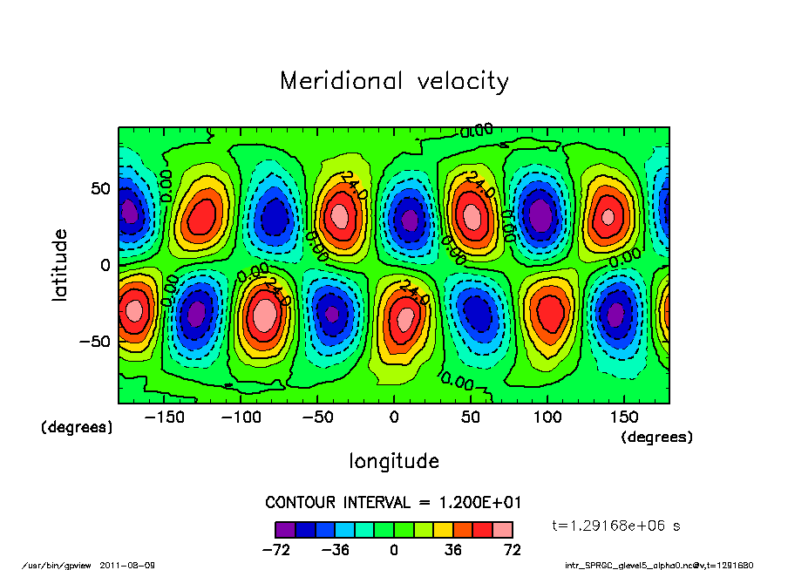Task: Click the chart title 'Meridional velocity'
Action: click(394, 82)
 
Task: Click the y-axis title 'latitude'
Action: click(59, 265)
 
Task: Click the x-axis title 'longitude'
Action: click(394, 461)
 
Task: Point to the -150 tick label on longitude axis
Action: click(164, 418)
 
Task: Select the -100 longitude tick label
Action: click(241, 418)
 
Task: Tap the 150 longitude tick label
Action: click(623, 418)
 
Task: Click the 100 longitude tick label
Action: click(547, 418)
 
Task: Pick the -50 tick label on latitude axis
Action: click(93, 341)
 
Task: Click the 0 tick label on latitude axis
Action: click(104, 265)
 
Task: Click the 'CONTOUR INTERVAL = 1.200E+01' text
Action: click(394, 503)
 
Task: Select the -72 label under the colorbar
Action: click(275, 550)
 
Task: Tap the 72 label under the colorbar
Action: click(513, 550)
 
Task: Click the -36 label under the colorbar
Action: click(335, 550)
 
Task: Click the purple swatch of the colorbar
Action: click(284, 529)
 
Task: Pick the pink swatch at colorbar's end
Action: click(503, 529)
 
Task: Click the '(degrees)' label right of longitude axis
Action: click(656, 438)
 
